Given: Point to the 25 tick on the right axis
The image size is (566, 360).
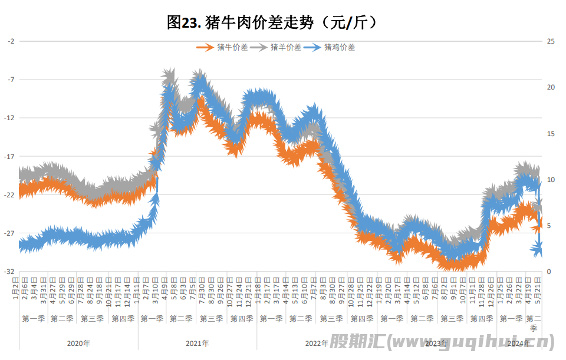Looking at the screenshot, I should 551,41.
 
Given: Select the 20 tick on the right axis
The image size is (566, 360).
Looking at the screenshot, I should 551,87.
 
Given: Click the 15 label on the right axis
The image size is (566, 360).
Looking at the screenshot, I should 551,134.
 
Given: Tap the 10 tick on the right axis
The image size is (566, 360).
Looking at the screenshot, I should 551,180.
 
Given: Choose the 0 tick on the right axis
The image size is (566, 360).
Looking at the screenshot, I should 549,272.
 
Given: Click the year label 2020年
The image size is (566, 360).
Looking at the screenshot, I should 78,343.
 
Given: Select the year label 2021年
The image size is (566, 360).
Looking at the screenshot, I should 197,343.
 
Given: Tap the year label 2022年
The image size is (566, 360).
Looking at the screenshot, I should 317,343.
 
